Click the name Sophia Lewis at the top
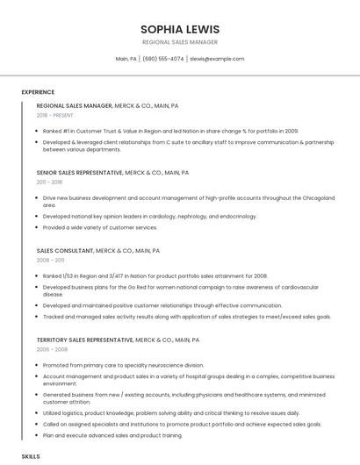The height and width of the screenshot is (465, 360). coord(179,29)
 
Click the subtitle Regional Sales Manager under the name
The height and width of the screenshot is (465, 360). coord(179,42)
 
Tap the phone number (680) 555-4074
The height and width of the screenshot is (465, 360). coord(162,59)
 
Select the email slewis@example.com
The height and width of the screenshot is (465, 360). coord(217,59)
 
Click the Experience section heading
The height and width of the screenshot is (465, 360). coord(38,92)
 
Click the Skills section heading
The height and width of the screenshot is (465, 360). coord(31,457)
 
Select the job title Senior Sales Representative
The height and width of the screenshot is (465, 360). coord(80,173)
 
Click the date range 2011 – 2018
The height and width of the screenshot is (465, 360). coord(50,182)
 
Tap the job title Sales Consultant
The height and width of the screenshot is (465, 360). coord(64,250)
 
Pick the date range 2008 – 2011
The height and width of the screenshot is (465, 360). coord(50,261)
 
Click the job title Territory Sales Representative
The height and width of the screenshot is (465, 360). coord(85,340)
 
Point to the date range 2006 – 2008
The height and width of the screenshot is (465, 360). coord(52,349)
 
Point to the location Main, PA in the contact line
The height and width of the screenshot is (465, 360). coord(126,59)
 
